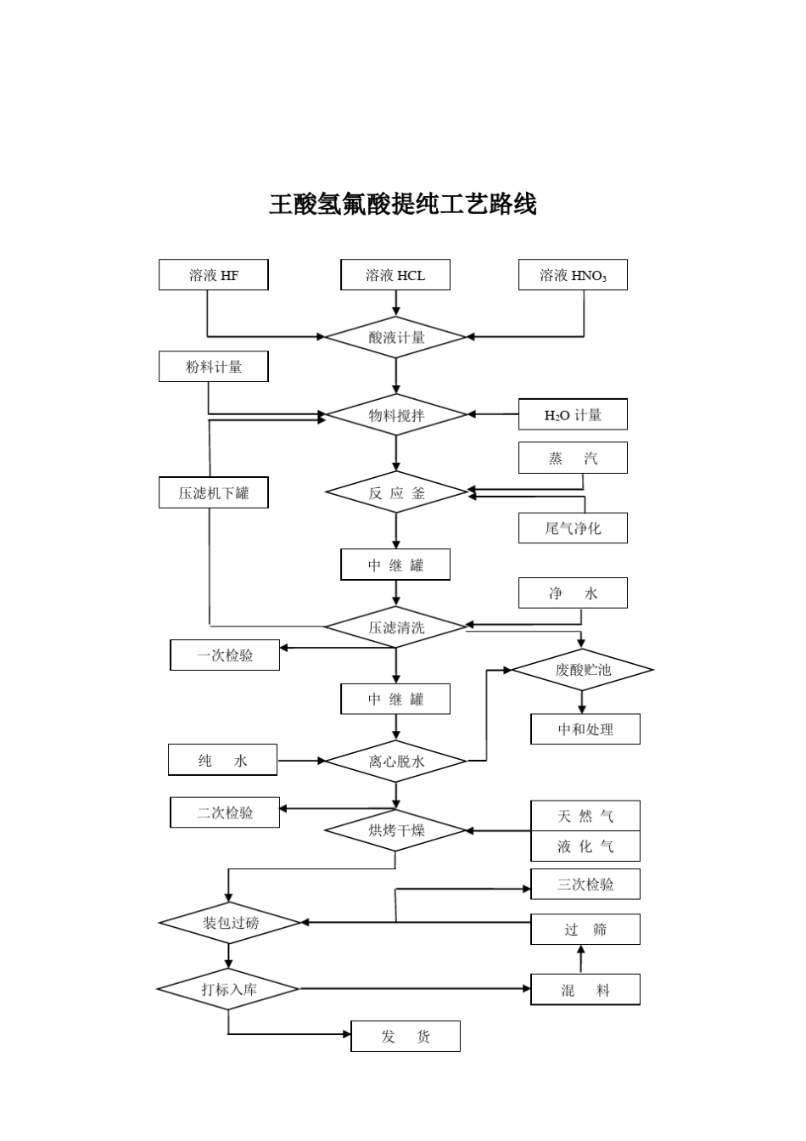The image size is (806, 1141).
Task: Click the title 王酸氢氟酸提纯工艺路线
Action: (x=402, y=205)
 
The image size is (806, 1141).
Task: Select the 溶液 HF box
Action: (x=214, y=275)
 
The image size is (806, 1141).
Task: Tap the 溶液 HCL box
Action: (x=395, y=275)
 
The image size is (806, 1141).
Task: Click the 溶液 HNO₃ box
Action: (x=573, y=275)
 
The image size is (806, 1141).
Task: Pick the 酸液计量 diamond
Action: (x=396, y=337)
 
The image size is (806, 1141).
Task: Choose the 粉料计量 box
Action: (x=214, y=367)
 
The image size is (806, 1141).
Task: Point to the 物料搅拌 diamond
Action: (x=396, y=415)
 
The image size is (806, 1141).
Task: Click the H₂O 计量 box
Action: (x=573, y=415)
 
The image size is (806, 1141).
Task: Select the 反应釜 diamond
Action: (x=396, y=492)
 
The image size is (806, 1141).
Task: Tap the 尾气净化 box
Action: (x=573, y=528)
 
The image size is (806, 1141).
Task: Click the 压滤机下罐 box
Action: (x=214, y=493)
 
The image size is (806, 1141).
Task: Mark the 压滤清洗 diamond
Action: (x=396, y=627)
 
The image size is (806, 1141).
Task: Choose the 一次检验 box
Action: (x=225, y=655)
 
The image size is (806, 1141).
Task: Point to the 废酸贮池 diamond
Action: (x=583, y=670)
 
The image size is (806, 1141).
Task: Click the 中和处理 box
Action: (x=585, y=729)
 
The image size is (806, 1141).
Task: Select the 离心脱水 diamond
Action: (x=396, y=762)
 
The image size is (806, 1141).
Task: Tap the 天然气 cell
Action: (x=585, y=817)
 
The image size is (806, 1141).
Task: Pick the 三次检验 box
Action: (x=585, y=884)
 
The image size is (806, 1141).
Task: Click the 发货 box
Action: (x=406, y=1037)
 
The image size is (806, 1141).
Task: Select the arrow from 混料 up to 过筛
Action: (x=581, y=959)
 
